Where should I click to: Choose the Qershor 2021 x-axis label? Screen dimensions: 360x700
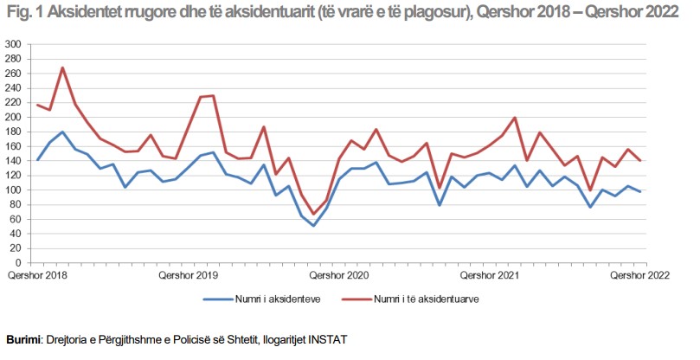[x=489, y=276]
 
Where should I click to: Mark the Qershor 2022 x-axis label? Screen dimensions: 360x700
[x=639, y=276]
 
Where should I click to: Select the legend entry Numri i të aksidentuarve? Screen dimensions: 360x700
[x=427, y=300]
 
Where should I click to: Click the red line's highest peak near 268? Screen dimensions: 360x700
[x=62, y=67]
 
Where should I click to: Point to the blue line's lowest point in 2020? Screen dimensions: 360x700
[x=314, y=226]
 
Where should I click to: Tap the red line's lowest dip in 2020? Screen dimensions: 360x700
[x=314, y=214]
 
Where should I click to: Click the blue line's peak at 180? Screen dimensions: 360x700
[x=62, y=132]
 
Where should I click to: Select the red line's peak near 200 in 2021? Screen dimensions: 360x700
[x=515, y=118]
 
